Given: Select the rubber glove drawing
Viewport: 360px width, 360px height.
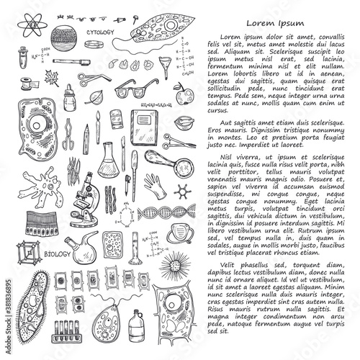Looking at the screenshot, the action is pyautogui.click(x=153, y=182).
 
